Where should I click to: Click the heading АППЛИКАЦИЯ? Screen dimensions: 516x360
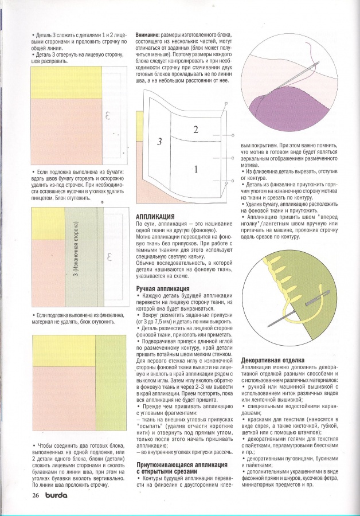tap(156, 217)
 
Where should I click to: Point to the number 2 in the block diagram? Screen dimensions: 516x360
tap(195, 130)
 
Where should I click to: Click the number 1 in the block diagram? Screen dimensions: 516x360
tap(195, 169)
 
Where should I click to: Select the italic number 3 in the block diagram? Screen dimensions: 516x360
tap(160, 141)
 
